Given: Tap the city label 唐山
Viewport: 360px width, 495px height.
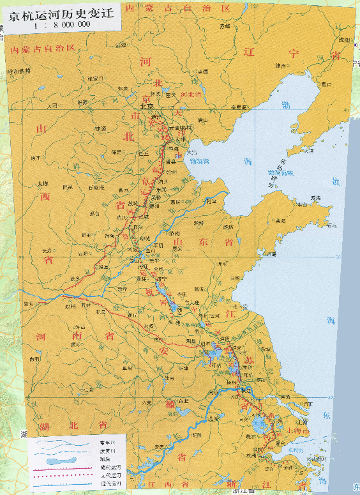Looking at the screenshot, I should [x=203, y=119].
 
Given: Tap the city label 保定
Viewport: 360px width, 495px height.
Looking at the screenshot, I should [x=116, y=152].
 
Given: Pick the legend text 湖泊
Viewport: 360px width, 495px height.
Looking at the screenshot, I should [x=97, y=459].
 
